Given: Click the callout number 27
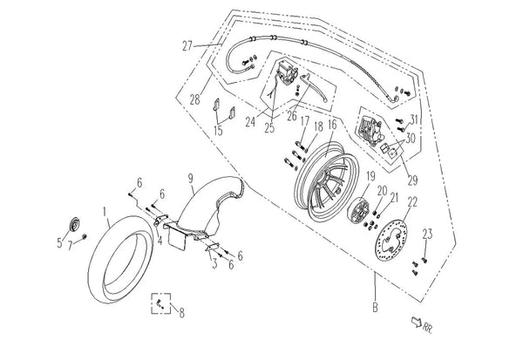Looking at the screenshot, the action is (187, 45).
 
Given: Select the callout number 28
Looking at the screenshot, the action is (195, 99).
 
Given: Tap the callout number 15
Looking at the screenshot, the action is (218, 131).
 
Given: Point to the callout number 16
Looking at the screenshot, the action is (333, 125).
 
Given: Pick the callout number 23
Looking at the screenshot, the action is (428, 234).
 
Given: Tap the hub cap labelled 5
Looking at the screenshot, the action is (74, 224).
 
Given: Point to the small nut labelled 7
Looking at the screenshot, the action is (85, 236).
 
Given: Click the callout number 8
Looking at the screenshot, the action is (182, 313).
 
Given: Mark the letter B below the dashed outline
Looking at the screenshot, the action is (375, 308).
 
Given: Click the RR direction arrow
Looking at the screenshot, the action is (417, 322).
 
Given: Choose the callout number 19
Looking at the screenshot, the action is (371, 176).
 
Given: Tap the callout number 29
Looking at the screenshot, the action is (412, 180).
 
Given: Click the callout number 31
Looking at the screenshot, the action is (414, 119).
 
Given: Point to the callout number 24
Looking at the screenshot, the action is (250, 122).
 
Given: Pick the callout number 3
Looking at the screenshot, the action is (214, 263).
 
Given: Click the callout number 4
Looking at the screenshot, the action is (160, 241).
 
